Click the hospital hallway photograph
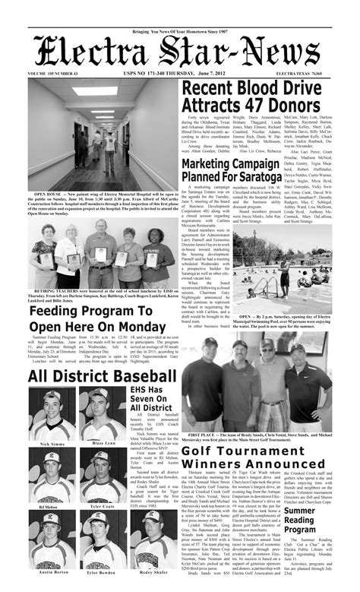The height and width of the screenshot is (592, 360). [x=103, y=136]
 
